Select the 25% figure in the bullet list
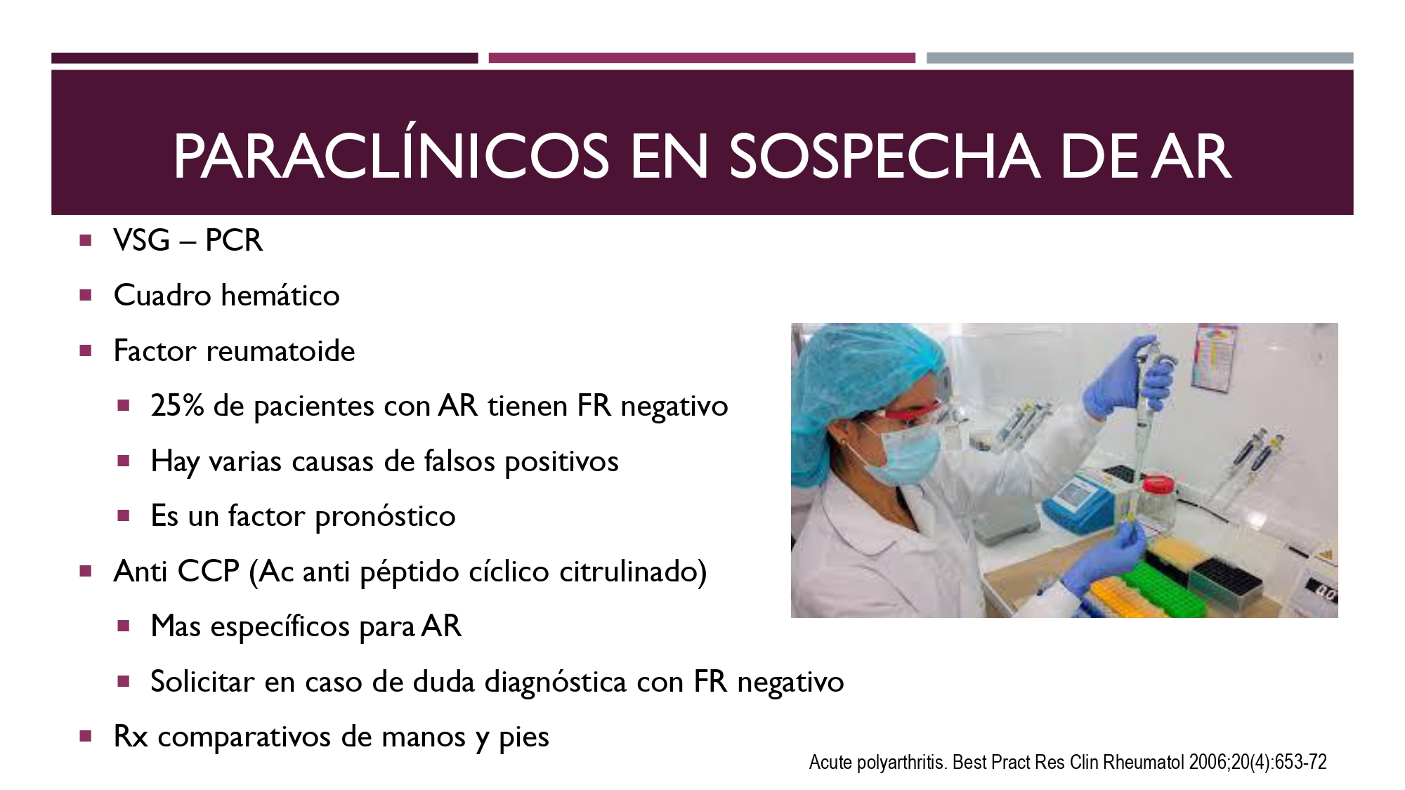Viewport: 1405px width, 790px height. pyautogui.click(x=177, y=406)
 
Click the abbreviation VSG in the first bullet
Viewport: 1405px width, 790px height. pyautogui.click(x=142, y=240)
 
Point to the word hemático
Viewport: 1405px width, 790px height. pyautogui.click(x=280, y=295)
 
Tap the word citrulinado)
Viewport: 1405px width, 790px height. pyautogui.click(x=633, y=572)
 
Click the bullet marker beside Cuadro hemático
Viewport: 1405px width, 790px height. pyautogui.click(x=86, y=296)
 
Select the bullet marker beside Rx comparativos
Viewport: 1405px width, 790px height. pyautogui.click(x=86, y=737)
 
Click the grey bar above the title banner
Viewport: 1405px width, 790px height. pyautogui.click(x=1139, y=58)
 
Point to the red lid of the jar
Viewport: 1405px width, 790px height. pyautogui.click(x=1158, y=485)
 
